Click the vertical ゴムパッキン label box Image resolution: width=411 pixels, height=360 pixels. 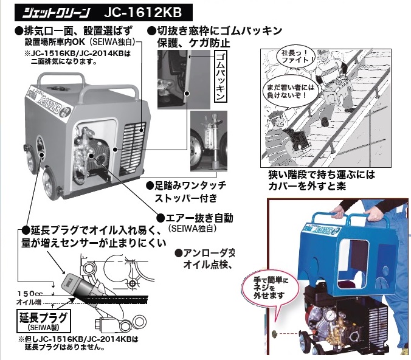pos(221,76)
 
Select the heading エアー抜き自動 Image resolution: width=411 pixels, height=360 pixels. pos(195,218)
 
